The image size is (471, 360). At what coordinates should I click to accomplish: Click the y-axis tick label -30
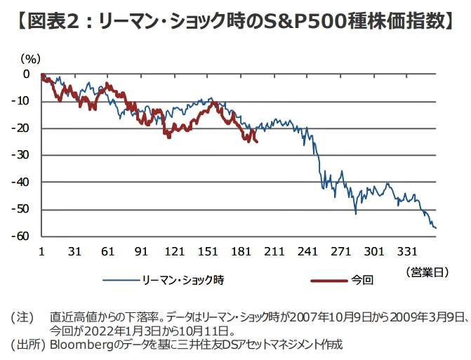22,155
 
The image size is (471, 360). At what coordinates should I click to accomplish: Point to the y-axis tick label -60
22,236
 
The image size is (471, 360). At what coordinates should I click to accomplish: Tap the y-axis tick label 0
27,74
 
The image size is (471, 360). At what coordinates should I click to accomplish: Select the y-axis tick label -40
22,182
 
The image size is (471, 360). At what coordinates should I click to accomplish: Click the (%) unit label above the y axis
30,60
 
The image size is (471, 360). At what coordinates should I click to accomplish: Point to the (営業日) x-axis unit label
427,269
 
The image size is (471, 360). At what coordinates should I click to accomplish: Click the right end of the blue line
436,228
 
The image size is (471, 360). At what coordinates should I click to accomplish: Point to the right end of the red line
257,142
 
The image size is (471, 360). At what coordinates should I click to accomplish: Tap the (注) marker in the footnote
22,316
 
